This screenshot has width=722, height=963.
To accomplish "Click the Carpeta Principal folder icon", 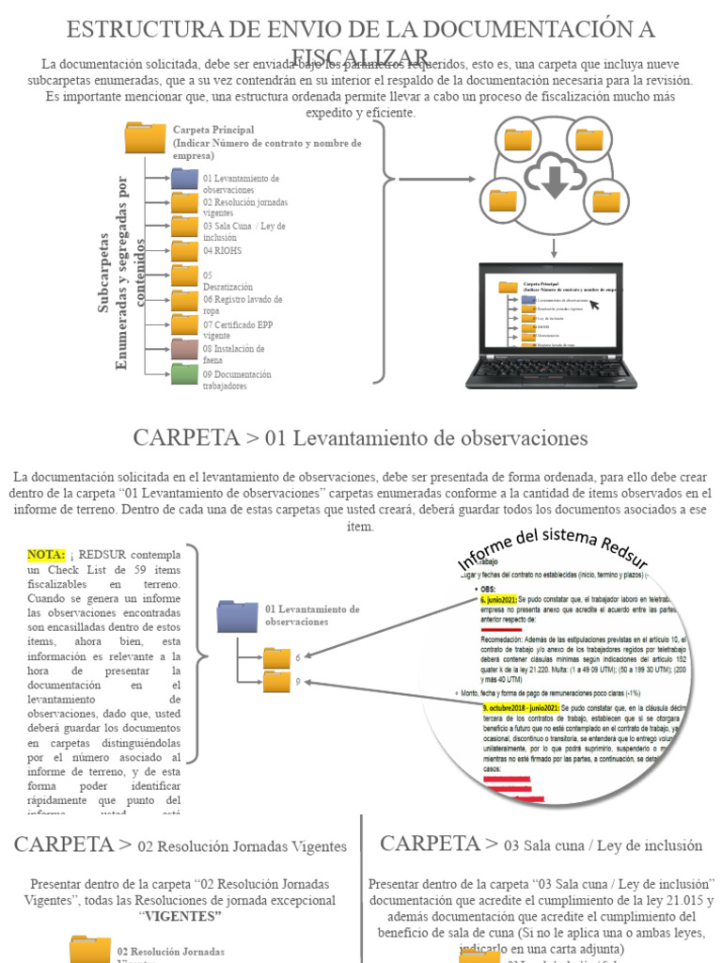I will coord(145,137).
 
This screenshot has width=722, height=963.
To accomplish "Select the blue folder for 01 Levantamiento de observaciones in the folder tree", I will coord(184,179).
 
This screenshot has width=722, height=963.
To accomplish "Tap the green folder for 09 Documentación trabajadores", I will coord(184,374).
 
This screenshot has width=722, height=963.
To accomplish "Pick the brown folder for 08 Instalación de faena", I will coord(184,350).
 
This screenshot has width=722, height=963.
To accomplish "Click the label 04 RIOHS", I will coord(223,251).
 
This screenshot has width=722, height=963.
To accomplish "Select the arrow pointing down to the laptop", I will coord(554,247).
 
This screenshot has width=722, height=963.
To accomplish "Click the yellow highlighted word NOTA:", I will coord(46,554).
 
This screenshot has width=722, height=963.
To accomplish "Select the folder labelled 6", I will coord(276,657).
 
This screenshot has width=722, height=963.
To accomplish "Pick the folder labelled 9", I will coord(276,682).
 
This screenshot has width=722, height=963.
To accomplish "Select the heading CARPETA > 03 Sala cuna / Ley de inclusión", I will coord(541,844).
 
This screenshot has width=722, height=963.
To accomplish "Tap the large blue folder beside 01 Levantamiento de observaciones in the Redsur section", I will coord(237,616).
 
